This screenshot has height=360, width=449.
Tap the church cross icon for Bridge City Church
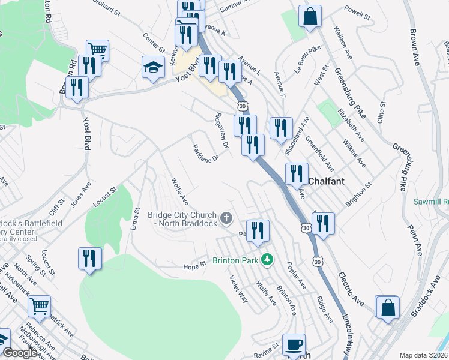tap(226, 218)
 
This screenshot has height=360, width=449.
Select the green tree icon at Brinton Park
tap(270, 260)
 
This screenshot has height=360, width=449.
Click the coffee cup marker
tap(294, 345)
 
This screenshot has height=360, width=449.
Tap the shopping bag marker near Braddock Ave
tap(388, 307)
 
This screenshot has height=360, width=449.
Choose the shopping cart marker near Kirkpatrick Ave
tap(39, 307)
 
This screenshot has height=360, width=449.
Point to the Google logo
tap(19, 353)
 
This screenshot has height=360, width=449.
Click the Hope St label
tap(194, 264)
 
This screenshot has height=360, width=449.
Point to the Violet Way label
tap(238, 288)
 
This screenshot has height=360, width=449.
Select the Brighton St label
tap(359, 196)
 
